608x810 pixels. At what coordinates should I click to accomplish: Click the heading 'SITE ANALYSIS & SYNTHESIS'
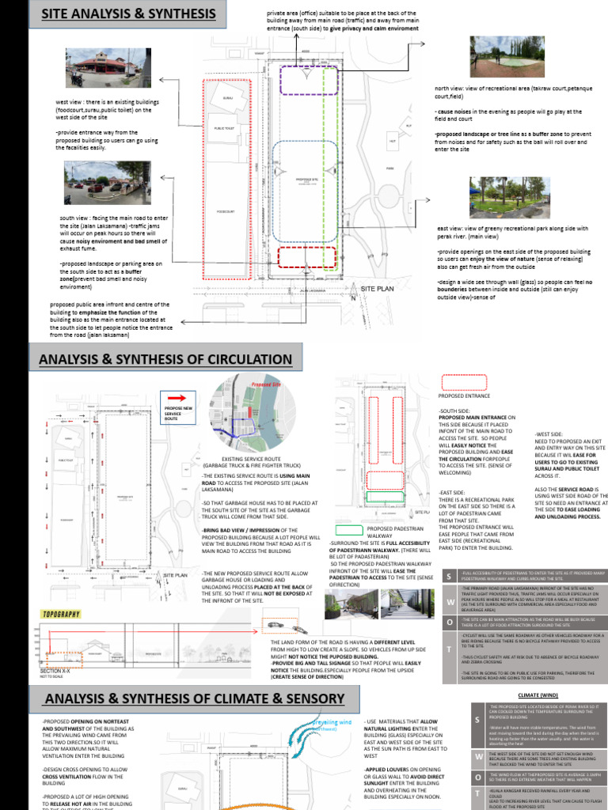click(x=129, y=14)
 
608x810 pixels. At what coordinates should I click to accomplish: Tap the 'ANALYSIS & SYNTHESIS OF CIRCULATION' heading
click(x=166, y=361)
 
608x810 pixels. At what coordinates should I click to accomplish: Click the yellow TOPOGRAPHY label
click(x=61, y=614)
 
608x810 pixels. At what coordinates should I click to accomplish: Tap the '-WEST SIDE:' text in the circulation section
click(x=549, y=435)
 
